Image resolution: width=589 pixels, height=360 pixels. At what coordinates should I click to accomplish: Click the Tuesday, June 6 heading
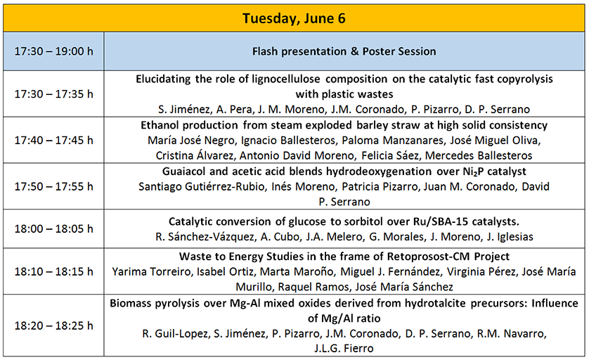pos(294,18)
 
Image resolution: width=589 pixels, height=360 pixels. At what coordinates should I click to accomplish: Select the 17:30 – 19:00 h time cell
pos(53,51)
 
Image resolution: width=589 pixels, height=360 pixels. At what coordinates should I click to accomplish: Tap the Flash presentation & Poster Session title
pos(344,51)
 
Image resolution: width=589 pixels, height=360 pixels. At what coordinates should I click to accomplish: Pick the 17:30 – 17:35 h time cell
pos(53,94)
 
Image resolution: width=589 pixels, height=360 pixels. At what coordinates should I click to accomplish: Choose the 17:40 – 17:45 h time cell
pos(53,140)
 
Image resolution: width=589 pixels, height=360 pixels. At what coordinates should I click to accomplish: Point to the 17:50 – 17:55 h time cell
pos(53,186)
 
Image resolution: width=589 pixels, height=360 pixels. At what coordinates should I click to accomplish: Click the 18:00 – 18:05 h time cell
pos(53,229)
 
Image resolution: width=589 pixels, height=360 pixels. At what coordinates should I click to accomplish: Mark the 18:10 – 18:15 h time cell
pos(53,271)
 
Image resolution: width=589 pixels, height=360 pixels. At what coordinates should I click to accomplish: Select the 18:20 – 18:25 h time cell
pos(53,326)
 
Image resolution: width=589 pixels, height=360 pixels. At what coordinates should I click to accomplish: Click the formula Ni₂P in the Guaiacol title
pos(474,172)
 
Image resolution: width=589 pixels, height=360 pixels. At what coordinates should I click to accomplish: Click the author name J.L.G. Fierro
pos(344,348)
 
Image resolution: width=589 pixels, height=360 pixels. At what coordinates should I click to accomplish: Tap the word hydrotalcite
pos(434,303)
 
